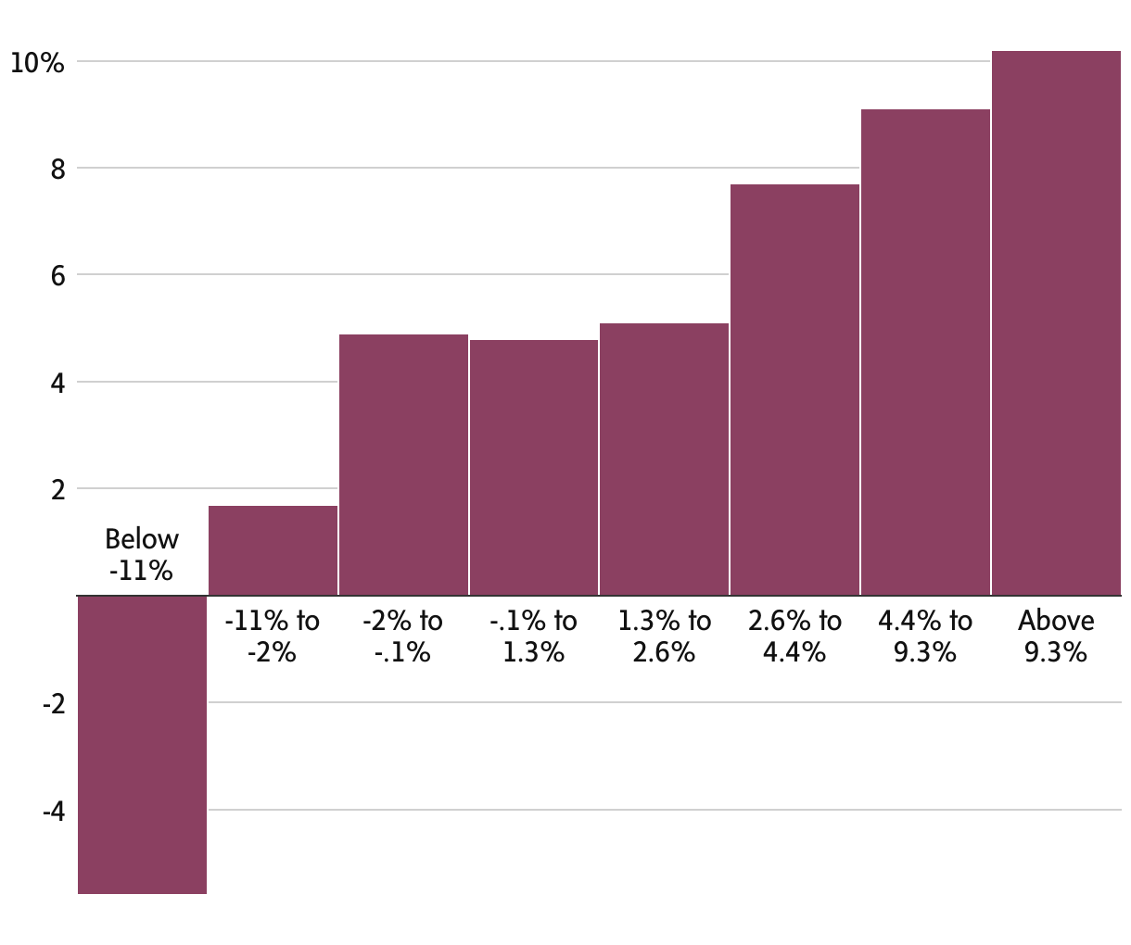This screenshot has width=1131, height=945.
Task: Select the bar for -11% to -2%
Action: pyautogui.click(x=273, y=550)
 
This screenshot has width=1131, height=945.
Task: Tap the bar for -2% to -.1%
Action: pyautogui.click(x=403, y=464)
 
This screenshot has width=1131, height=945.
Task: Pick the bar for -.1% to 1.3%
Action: pyautogui.click(x=534, y=467)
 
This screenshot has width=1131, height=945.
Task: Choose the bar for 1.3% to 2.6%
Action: pyautogui.click(x=664, y=459)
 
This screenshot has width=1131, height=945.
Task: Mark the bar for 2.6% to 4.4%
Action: pyautogui.click(x=794, y=389)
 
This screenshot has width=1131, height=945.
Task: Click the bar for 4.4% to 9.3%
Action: pyautogui.click(x=925, y=352)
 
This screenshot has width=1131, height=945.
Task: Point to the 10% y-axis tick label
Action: pyautogui.click(x=37, y=63)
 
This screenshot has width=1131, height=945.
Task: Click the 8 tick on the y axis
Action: pyautogui.click(x=57, y=170)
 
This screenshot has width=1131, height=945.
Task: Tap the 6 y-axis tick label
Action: pyautogui.click(x=57, y=276)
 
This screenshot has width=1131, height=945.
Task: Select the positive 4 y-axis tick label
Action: pyautogui.click(x=57, y=383)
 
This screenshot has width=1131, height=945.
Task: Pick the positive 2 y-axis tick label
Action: pyautogui.click(x=57, y=489)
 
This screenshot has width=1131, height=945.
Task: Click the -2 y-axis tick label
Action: pyautogui.click(x=53, y=704)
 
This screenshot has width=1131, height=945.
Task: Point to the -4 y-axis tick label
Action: pyautogui.click(x=53, y=812)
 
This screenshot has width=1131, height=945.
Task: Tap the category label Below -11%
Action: pyautogui.click(x=141, y=554)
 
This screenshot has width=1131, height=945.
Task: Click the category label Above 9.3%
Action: pyautogui.click(x=1056, y=636)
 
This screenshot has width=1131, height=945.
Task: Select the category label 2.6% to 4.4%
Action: pyautogui.click(x=794, y=636)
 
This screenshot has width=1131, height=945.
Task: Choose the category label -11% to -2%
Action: pyautogui.click(x=272, y=636)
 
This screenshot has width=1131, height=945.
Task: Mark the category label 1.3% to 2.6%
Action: pyautogui.click(x=664, y=636)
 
